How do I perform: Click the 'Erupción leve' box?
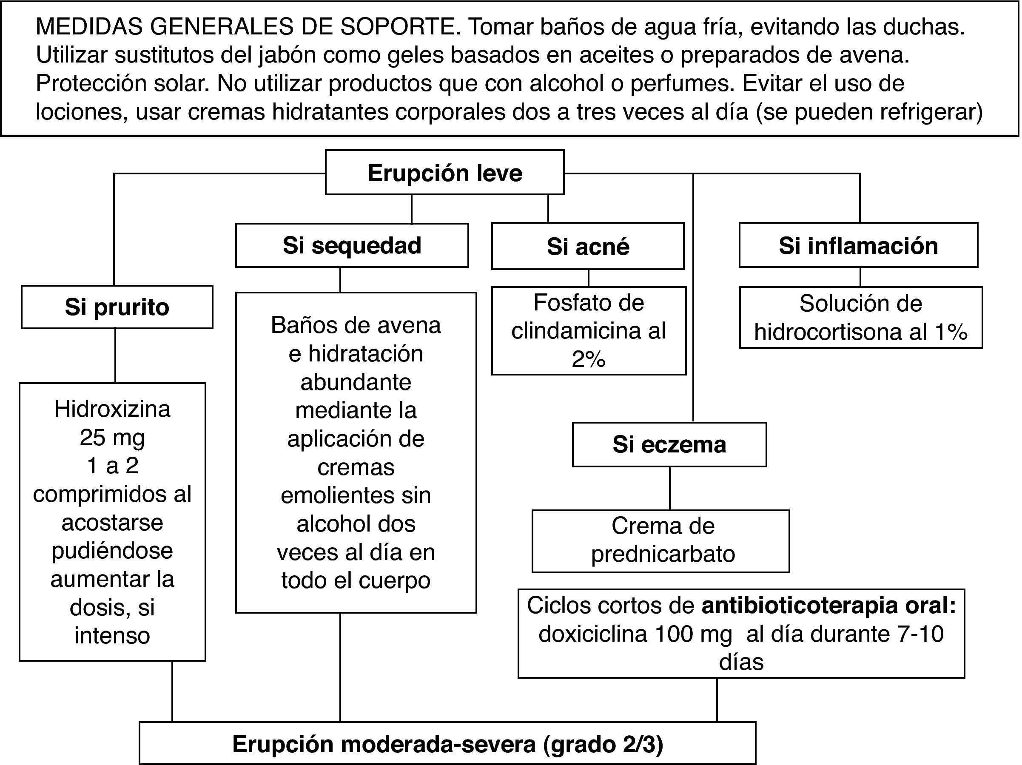click(x=444, y=173)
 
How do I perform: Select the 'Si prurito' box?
click(x=117, y=307)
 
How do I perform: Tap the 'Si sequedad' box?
click(x=352, y=245)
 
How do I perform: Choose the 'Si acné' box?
click(x=588, y=246)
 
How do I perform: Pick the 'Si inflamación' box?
click(x=858, y=245)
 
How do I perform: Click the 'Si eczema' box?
click(x=669, y=444)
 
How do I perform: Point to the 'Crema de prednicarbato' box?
click(x=660, y=540)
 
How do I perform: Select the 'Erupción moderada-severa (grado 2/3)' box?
click(x=447, y=744)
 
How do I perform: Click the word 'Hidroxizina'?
click(x=112, y=409)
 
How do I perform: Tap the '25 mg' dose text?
click(x=112, y=437)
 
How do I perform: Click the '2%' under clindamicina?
click(x=588, y=359)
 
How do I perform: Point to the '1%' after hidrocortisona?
click(x=950, y=332)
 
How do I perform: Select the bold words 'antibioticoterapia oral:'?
click(x=828, y=605)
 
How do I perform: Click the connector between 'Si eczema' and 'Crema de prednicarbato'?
click(x=670, y=488)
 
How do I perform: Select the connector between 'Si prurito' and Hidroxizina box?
click(x=115, y=355)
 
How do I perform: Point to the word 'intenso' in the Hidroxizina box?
click(x=112, y=636)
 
